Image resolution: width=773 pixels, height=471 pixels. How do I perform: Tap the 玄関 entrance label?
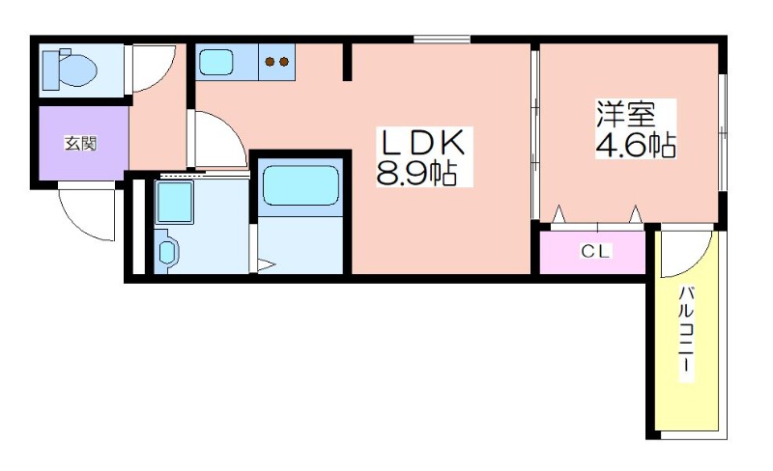(80, 144)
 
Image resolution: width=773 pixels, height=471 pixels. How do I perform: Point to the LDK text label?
(422, 145)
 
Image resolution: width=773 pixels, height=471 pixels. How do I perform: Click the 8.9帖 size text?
(416, 175)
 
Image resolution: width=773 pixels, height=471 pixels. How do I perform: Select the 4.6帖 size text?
(634, 144)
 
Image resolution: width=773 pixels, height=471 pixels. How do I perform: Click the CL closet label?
(594, 253)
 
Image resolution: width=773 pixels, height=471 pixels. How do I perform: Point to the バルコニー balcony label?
(685, 334)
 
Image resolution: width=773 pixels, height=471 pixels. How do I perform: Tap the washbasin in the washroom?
(168, 253)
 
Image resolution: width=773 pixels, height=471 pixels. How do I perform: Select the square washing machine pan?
(175, 203)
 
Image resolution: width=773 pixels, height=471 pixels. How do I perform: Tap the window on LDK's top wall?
(442, 40)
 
